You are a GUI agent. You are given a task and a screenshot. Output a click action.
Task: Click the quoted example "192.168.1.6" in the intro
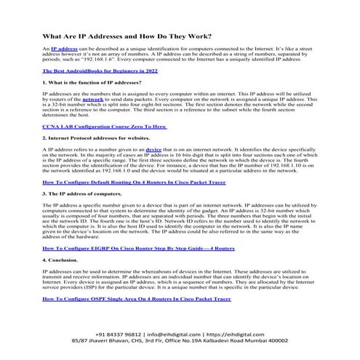pos(131,58)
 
